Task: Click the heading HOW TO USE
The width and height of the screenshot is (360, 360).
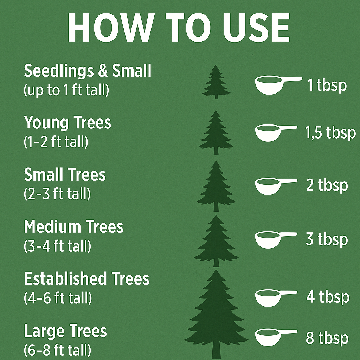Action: pos(178,28)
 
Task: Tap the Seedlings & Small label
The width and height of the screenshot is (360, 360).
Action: pos(88,71)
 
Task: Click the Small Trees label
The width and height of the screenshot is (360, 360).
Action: pos(65,175)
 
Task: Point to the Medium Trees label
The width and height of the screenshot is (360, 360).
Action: pos(73,227)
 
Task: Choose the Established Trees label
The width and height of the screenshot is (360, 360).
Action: pos(87,279)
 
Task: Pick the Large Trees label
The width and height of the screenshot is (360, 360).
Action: pos(65,331)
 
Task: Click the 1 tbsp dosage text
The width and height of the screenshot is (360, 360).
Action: pos(327,85)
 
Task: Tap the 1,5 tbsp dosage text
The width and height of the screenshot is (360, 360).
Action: pos(330,133)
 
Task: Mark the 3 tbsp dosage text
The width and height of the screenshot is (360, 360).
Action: pos(327,239)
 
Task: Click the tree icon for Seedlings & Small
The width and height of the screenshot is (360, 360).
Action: pos(216,82)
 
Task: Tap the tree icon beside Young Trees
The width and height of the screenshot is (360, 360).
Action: pos(216,133)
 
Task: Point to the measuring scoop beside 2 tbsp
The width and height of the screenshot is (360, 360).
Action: pos(276,186)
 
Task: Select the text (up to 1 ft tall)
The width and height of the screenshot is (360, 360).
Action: pos(66,90)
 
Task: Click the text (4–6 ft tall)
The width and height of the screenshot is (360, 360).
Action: pos(58,298)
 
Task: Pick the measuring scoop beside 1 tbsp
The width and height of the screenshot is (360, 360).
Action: pos(278,85)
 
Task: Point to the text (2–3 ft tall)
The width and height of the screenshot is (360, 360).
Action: pos(57,194)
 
